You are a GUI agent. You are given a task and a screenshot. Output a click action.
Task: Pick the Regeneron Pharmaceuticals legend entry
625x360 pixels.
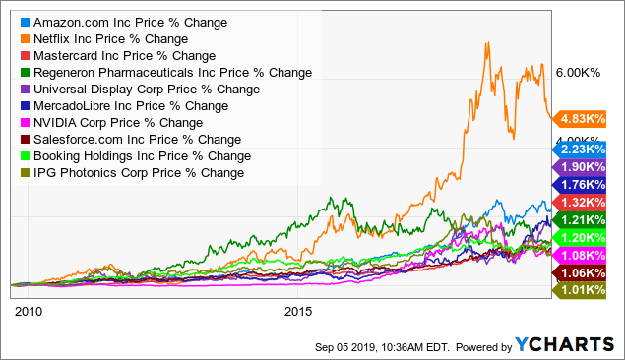pyautogui.click(x=163, y=73)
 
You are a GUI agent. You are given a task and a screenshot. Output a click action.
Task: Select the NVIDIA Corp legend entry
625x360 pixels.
pyautogui.click(x=109, y=123)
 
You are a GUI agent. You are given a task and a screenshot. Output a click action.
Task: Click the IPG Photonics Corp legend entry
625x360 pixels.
pyautogui.click(x=128, y=173)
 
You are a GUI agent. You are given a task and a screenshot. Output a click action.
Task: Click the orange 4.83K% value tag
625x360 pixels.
pyautogui.click(x=585, y=119)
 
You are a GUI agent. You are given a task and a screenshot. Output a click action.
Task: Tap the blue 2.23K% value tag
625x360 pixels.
pyautogui.click(x=585, y=148)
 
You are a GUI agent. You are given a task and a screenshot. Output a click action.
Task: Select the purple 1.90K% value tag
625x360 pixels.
pyautogui.click(x=585, y=166)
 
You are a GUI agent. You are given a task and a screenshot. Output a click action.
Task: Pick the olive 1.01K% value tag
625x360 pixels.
pyautogui.click(x=585, y=290)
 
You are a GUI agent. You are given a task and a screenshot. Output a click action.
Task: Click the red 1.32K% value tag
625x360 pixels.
pyautogui.click(x=585, y=202)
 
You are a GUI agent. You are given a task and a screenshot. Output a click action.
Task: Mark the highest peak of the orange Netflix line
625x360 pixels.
pyautogui.click(x=485, y=42)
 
